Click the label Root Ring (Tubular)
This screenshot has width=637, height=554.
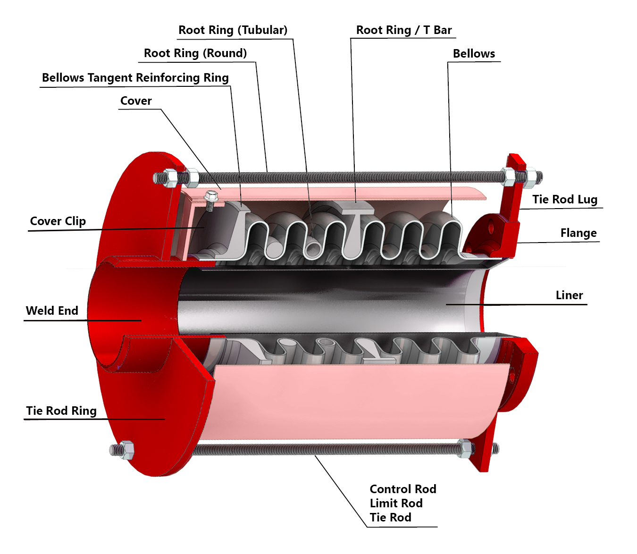[233, 30]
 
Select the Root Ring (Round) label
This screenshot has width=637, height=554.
[195, 53]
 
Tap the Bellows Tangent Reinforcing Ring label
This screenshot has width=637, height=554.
[135, 78]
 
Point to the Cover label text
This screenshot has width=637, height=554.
[136, 101]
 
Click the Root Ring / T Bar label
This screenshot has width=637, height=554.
[404, 30]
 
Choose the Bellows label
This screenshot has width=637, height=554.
[474, 54]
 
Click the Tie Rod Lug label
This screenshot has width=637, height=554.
[565, 200]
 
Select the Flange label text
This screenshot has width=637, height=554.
[578, 233]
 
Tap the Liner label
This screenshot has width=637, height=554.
[569, 295]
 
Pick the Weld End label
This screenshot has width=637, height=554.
[52, 311]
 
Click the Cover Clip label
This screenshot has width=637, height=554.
[58, 221]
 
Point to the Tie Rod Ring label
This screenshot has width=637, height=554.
[61, 411]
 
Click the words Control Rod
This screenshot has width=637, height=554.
[403, 489]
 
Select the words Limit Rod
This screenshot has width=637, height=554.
[396, 504]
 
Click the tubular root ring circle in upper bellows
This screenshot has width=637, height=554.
[312, 248]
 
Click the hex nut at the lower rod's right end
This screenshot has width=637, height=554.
[465, 448]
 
